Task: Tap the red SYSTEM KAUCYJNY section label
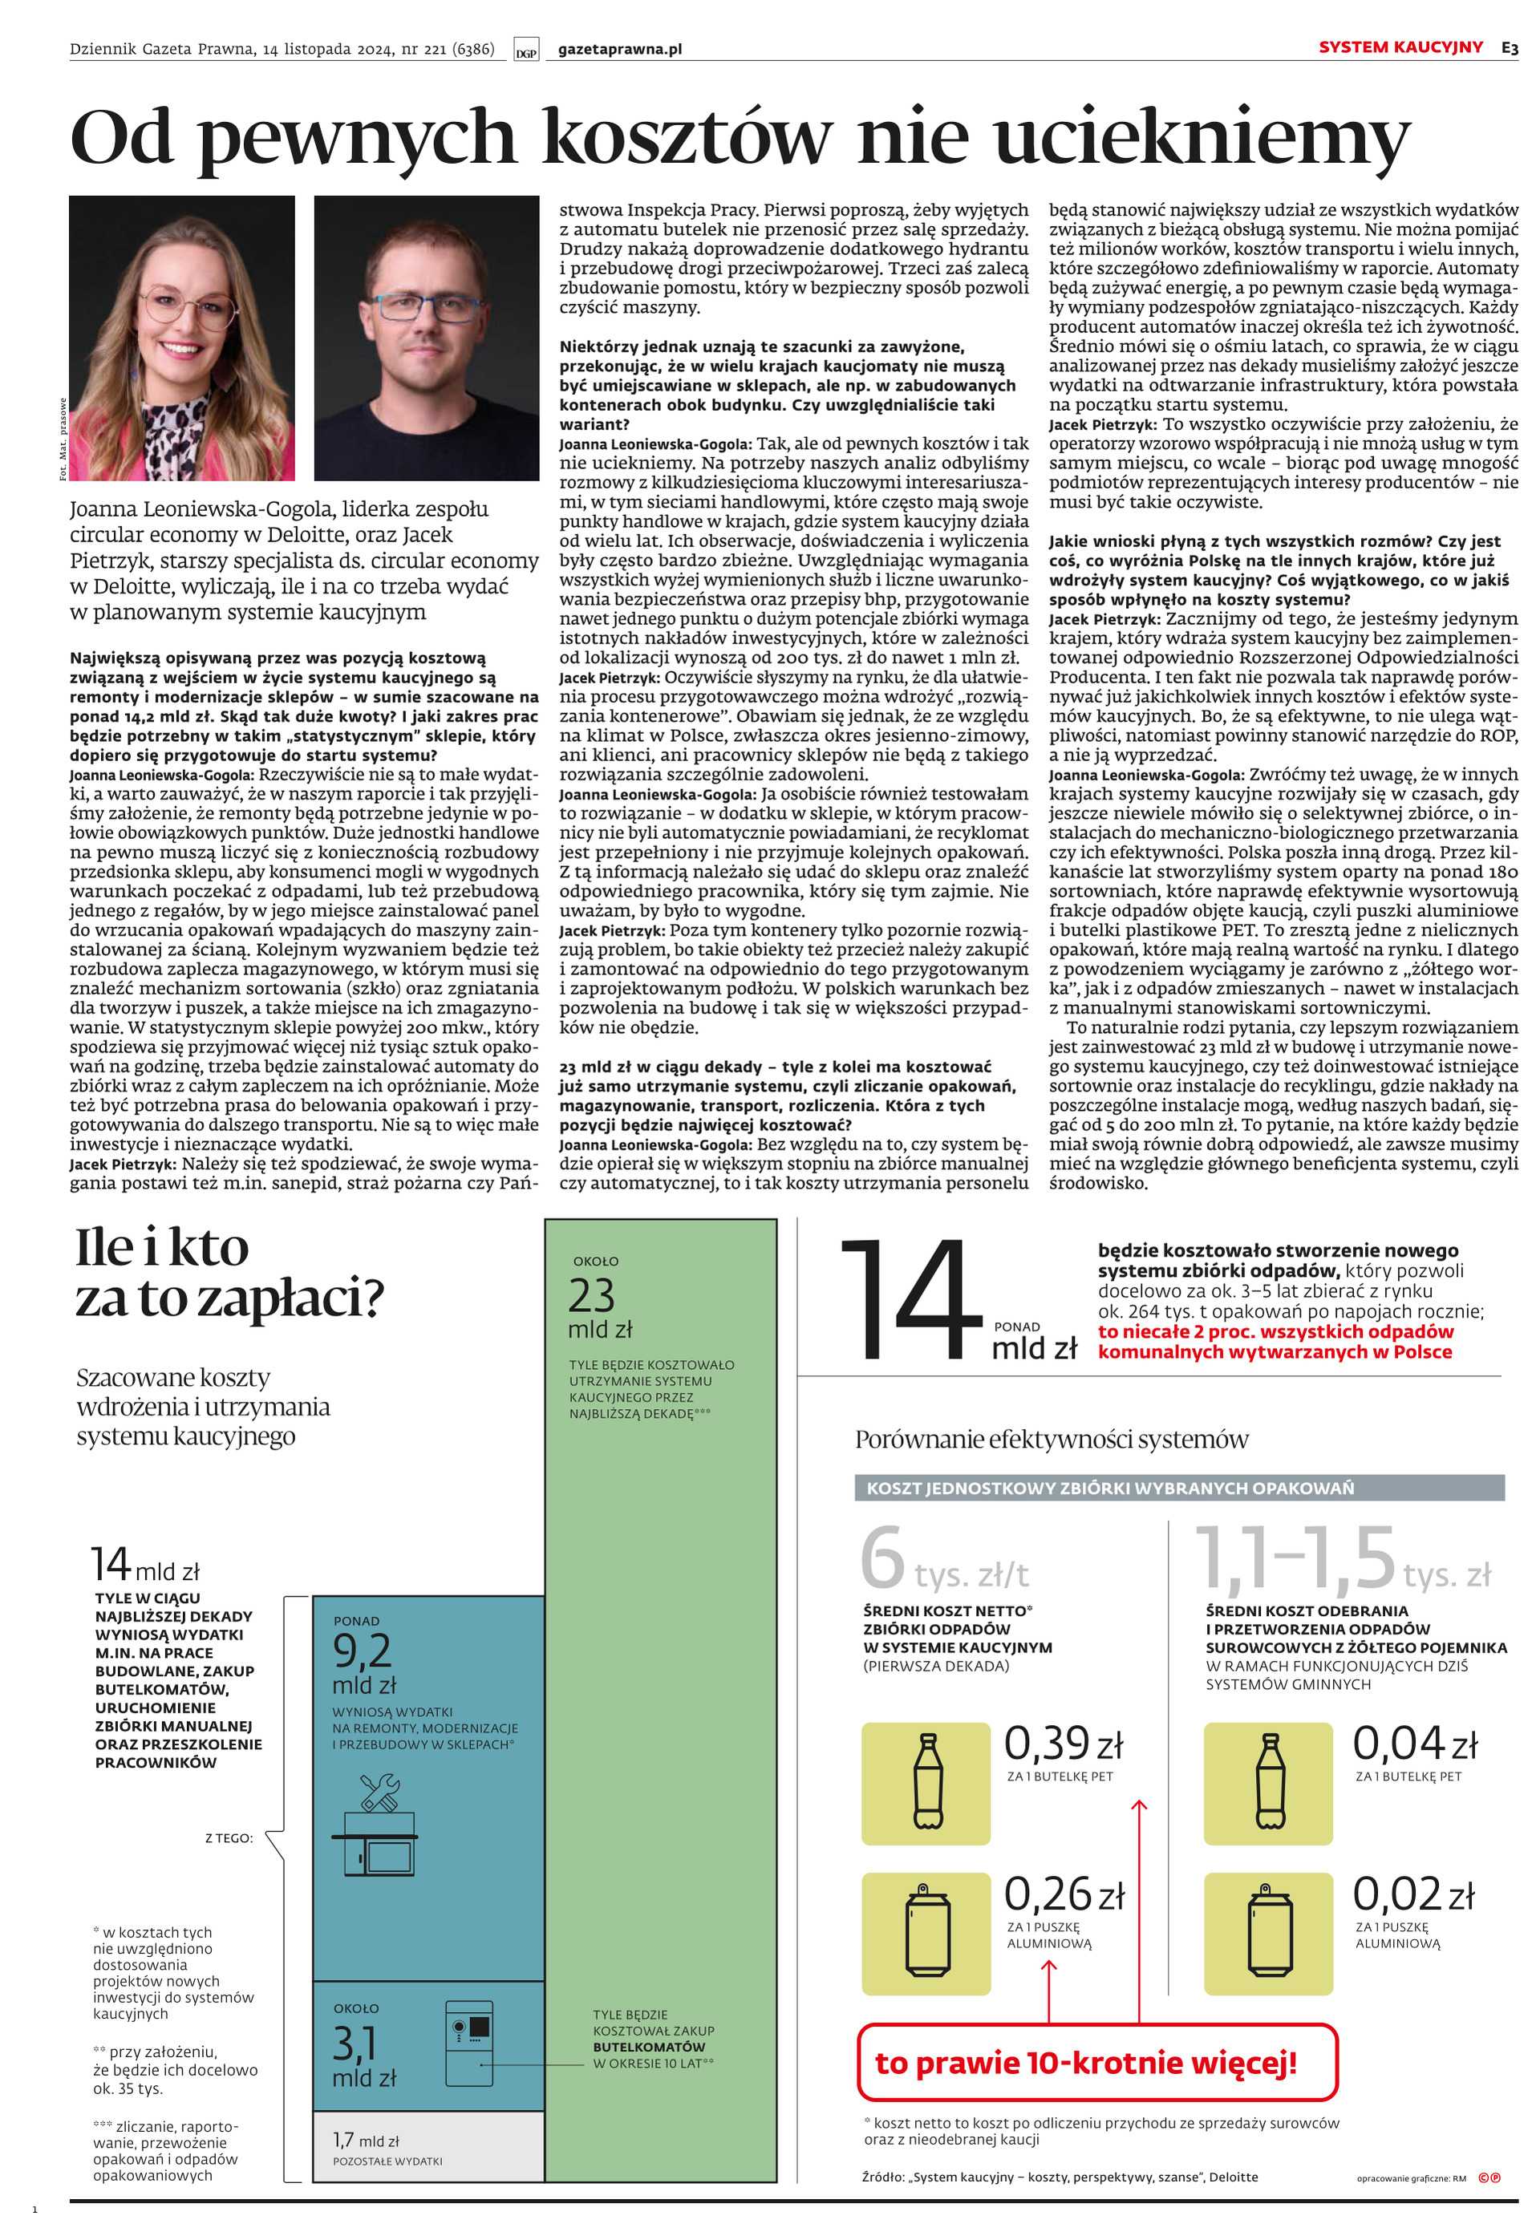pos(1400,47)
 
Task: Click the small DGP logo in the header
pos(526,52)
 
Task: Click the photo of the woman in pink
pos(181,338)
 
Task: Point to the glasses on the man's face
pos(427,306)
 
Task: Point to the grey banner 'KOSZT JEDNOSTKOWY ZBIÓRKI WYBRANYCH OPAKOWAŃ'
pos(1178,1488)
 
